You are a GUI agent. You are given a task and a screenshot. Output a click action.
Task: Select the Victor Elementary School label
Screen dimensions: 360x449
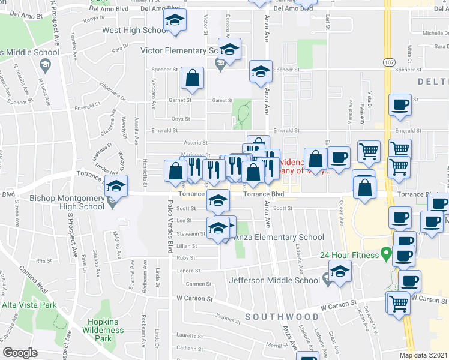[178, 51]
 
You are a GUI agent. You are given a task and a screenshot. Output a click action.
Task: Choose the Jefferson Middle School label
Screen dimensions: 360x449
[274, 280]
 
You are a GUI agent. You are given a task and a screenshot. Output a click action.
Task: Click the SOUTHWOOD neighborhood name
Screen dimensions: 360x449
[282, 316]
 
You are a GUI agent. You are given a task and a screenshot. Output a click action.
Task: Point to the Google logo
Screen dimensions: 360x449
[20, 353]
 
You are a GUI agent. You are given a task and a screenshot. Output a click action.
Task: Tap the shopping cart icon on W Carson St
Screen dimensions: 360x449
[397, 304]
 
